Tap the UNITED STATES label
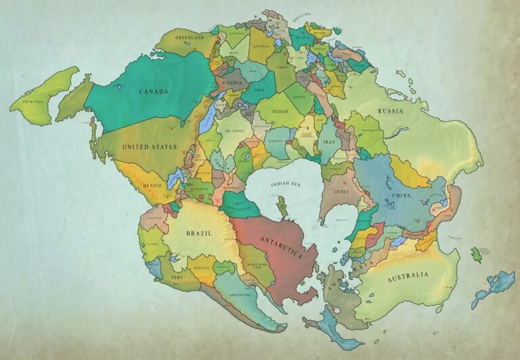(149, 146)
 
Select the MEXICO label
(152, 184)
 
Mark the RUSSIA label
(390, 111)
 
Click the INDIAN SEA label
(285, 184)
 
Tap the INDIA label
(342, 192)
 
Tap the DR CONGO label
(234, 130)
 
